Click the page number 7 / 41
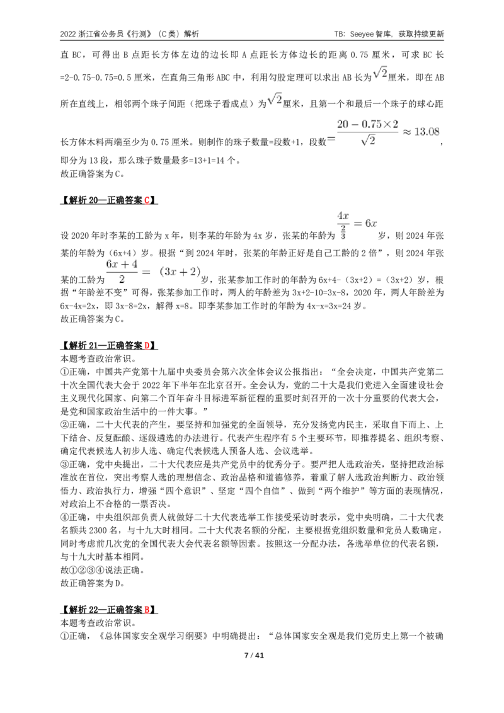coord(254,655)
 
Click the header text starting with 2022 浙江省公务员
coord(129,34)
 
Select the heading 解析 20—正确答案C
coord(109,200)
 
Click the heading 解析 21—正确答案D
coord(109,346)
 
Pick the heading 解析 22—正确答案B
coord(109,610)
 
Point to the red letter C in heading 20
coord(147,200)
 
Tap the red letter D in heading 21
coord(147,346)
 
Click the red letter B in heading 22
coord(147,610)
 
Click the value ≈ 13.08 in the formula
coord(421,132)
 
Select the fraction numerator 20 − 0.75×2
coord(367,124)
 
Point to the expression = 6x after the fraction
coord(365,223)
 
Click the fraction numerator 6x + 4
coord(122,264)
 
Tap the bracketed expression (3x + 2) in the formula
coord(180,272)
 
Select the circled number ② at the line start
coord(65,425)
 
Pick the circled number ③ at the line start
coord(65,464)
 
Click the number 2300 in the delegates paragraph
coord(98,530)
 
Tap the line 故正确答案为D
coord(93,583)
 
